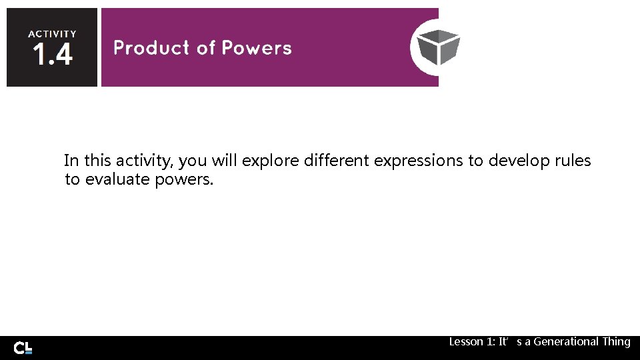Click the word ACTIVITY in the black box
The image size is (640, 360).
click(x=52, y=33)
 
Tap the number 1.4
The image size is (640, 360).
click(x=51, y=55)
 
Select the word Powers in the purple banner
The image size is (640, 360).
click(x=257, y=48)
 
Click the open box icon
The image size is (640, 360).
click(x=438, y=47)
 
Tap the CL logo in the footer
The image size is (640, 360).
click(x=23, y=347)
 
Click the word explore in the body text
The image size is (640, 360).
click(x=271, y=161)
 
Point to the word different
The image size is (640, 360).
click(x=337, y=161)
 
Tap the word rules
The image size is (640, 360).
click(x=573, y=161)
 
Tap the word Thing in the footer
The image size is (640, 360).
click(x=616, y=341)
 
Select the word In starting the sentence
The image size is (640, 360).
click(x=71, y=161)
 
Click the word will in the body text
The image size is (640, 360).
click(x=225, y=161)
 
